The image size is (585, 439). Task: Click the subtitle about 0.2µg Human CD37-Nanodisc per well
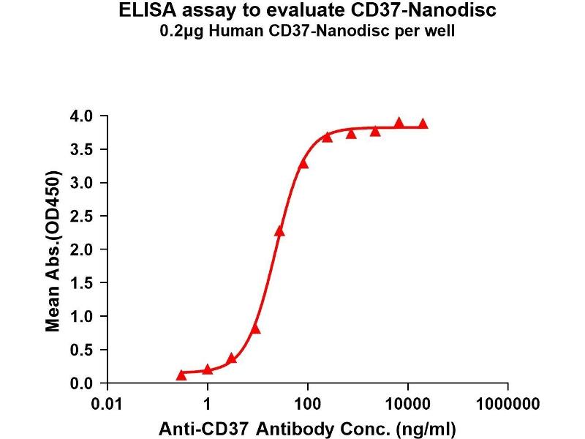point(307,32)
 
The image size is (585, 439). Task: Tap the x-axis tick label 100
point(308,403)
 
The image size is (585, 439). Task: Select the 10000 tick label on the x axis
point(408,403)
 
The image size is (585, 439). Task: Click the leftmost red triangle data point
point(181,375)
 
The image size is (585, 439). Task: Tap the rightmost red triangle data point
point(423,124)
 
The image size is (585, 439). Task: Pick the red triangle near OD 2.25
point(279,231)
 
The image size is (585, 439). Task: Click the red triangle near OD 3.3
point(303,163)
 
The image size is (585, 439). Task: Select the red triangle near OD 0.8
point(255,329)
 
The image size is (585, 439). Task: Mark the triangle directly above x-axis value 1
point(208,369)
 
